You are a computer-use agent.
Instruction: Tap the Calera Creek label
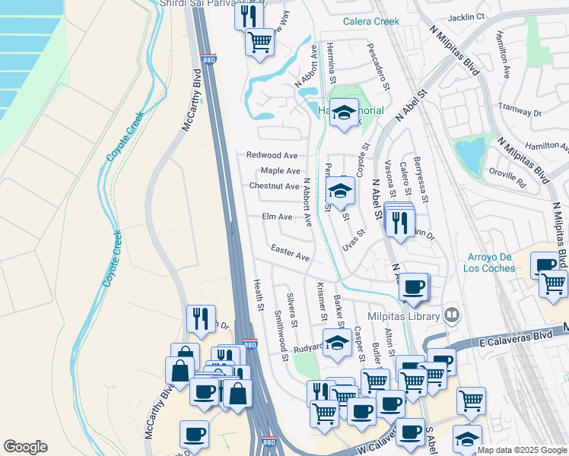(371, 22)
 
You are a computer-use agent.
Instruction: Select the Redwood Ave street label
(272, 155)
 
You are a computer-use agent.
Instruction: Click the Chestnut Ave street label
(274, 186)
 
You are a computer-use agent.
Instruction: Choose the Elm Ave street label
(277, 217)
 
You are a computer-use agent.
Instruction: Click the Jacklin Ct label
(466, 17)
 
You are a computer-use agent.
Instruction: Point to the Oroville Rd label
(510, 178)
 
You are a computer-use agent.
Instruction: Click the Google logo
(25, 447)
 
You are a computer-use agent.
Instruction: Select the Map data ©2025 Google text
(522, 450)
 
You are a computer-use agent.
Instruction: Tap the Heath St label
(257, 295)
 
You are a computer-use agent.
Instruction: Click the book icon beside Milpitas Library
(452, 314)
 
